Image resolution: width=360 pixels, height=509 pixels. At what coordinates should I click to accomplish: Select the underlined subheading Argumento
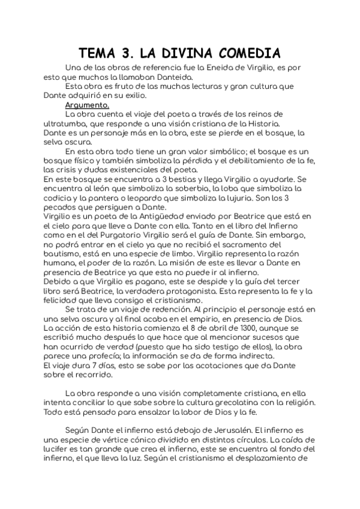[x=87, y=104]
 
